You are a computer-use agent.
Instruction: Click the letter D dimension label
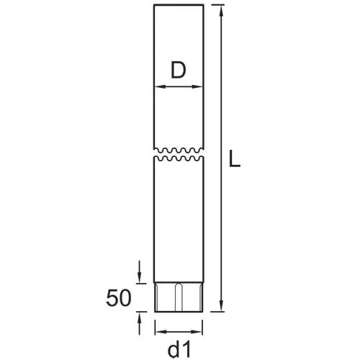179,70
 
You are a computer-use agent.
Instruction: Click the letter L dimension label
235,158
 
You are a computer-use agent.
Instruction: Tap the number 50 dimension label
119,298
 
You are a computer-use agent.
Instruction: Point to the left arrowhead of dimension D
160,86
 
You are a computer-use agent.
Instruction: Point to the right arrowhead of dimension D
197,86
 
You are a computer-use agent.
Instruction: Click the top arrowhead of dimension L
221,11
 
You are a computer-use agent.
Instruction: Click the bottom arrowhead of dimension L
221,306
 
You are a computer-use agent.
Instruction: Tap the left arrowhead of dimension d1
161,332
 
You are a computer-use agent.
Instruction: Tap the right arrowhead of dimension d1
197,332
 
